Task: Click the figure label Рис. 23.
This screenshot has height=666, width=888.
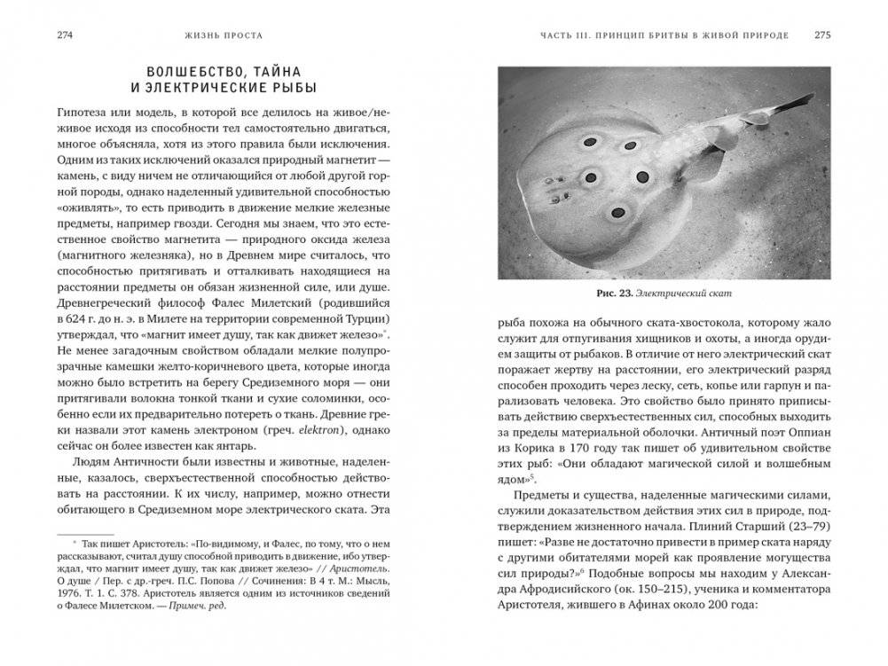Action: click(625, 293)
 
